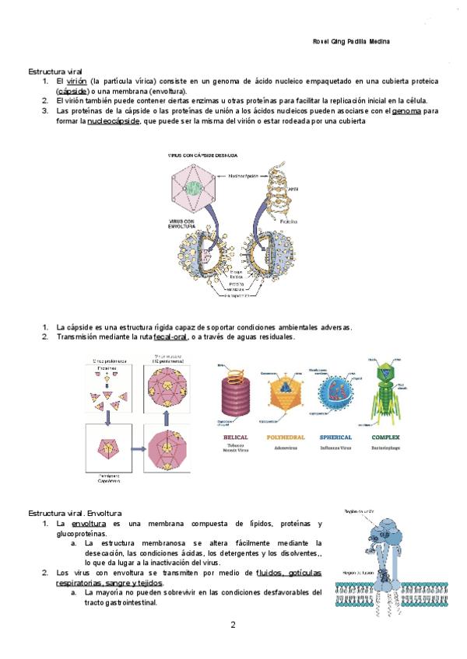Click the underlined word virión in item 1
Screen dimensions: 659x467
[75, 81]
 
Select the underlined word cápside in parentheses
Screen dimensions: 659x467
[72, 91]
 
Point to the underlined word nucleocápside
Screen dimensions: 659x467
[114, 121]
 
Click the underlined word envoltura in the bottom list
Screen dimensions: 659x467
[87, 525]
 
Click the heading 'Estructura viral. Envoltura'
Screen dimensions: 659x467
[72, 514]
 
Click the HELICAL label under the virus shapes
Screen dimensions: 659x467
[235, 438]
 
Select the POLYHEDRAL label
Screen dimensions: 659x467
[287, 438]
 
